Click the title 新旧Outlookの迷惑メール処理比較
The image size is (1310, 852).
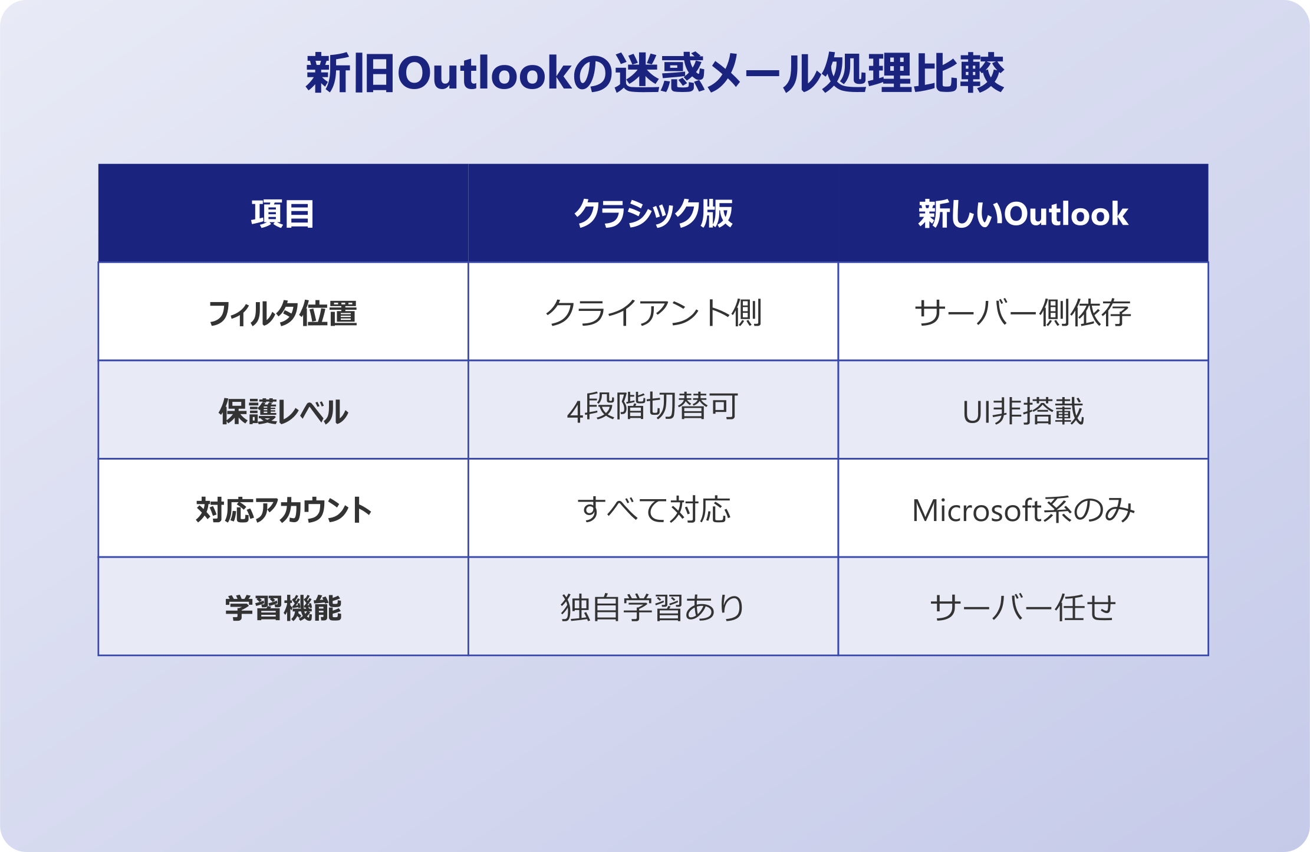(x=654, y=73)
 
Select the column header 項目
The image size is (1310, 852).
(x=283, y=214)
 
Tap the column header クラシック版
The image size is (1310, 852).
(x=653, y=214)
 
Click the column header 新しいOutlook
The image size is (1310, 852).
(x=1023, y=214)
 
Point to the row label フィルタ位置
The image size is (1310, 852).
(x=283, y=313)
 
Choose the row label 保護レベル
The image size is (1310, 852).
(x=283, y=411)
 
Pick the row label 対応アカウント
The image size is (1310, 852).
(x=283, y=510)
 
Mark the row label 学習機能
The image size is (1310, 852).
(x=283, y=608)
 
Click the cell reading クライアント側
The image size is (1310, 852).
(x=653, y=313)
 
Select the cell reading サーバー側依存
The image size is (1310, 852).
(x=1023, y=313)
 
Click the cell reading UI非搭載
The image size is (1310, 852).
(x=1023, y=411)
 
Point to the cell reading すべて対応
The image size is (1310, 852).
(x=653, y=510)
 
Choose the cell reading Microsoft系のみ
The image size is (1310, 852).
(x=1023, y=510)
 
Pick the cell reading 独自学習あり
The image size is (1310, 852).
(x=653, y=608)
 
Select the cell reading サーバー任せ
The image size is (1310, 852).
(x=1023, y=608)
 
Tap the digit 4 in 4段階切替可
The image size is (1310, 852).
(x=575, y=411)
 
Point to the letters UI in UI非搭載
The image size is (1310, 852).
(x=976, y=412)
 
